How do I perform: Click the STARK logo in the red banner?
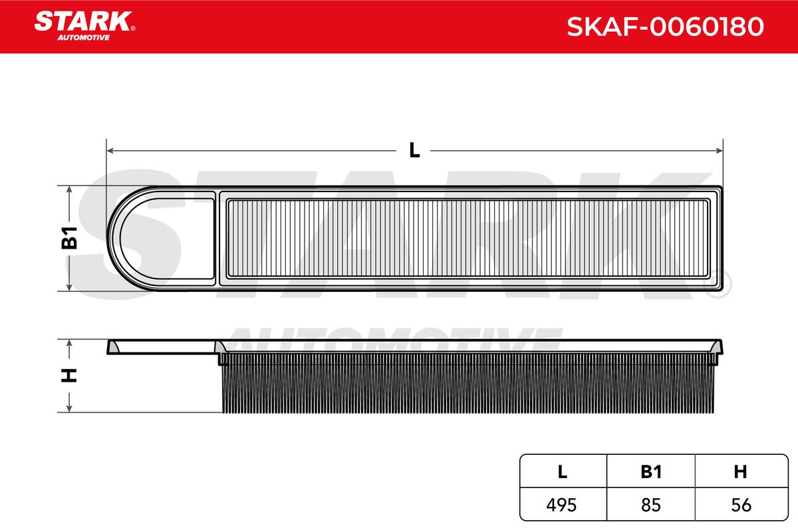coord(84,21)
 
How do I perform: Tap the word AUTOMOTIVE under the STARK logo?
coord(84,37)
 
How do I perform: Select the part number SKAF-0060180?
coord(665,27)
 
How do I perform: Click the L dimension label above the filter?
coord(414,150)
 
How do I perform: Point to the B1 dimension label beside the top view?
coord(69,237)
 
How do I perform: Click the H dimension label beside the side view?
coord(69,375)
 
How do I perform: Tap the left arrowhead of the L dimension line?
coord(110,151)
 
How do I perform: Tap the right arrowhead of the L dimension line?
coord(720,151)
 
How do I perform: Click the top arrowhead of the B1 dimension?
coord(69,190)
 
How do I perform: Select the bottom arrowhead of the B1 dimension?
coord(69,287)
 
